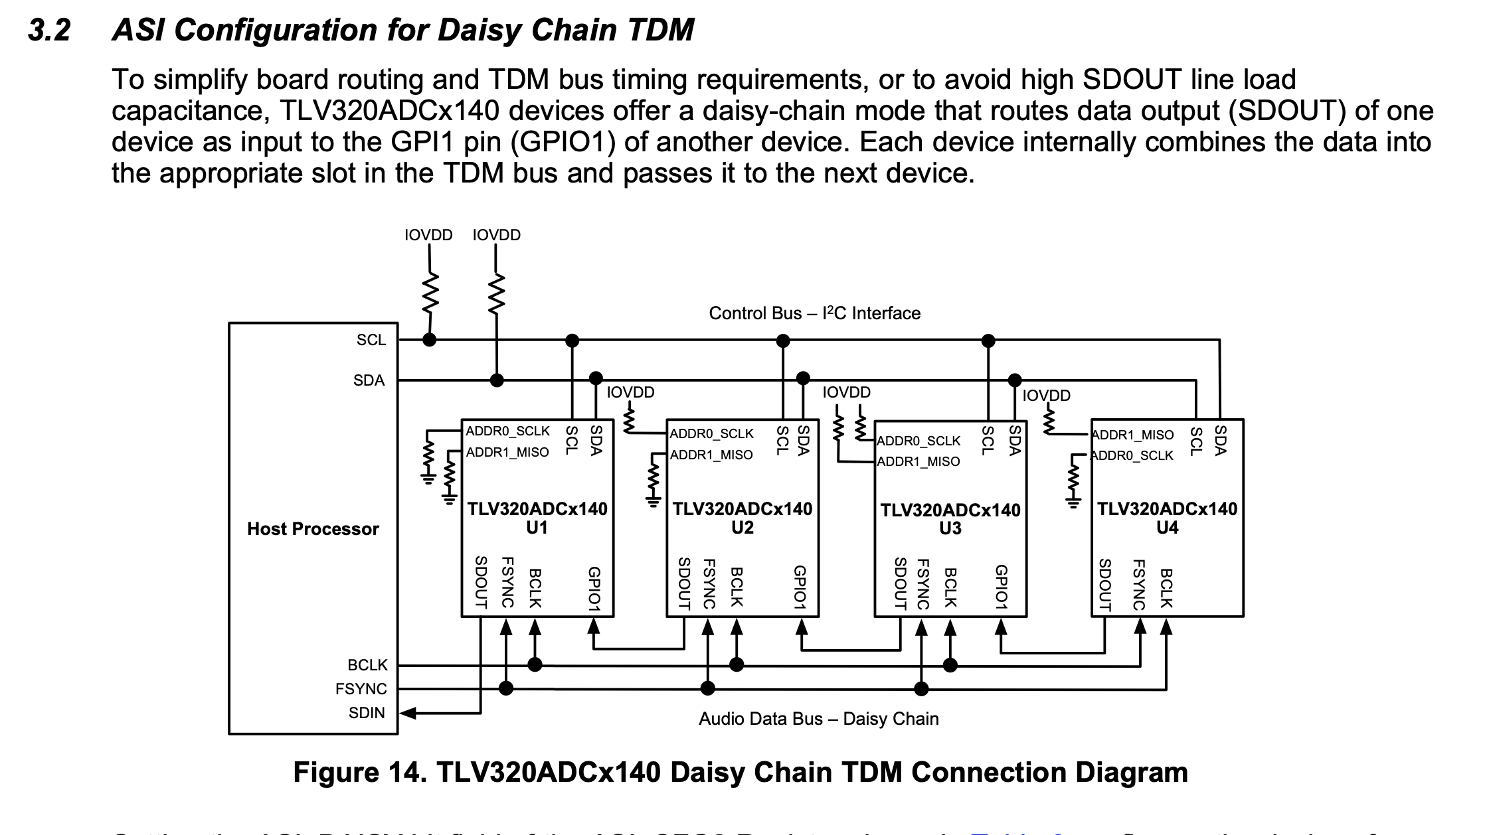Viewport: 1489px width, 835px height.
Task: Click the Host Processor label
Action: (x=313, y=529)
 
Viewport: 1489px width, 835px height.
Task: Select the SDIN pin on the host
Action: (x=367, y=713)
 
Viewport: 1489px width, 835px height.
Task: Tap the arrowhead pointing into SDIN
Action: (x=408, y=713)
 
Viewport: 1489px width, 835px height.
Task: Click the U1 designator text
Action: (x=537, y=528)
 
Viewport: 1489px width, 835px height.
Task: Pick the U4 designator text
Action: (x=1167, y=528)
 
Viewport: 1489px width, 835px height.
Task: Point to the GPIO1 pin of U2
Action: (x=800, y=588)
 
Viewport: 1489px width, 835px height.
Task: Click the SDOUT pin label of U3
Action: (x=901, y=583)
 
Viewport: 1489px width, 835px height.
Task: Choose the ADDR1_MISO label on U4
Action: (x=1133, y=435)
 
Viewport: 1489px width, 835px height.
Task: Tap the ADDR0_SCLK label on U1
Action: (x=507, y=431)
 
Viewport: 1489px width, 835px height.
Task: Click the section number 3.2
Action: (x=49, y=31)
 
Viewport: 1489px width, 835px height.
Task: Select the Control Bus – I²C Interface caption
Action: (x=814, y=313)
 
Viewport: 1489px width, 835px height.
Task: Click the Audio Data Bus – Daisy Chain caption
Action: (x=818, y=719)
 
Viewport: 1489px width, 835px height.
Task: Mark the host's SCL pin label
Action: (x=371, y=340)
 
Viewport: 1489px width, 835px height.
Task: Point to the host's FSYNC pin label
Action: (x=361, y=689)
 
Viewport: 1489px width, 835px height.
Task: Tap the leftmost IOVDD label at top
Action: (x=428, y=235)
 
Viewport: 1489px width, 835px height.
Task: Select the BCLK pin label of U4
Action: (x=1166, y=588)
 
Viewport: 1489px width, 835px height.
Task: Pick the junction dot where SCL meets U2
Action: (x=783, y=341)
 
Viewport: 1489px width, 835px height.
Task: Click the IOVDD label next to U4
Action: (x=1046, y=396)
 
